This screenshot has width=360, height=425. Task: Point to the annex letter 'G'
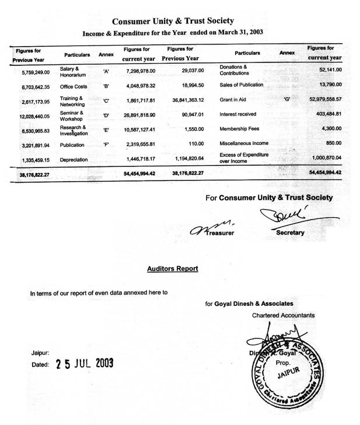286,99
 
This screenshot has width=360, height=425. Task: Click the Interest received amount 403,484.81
325,114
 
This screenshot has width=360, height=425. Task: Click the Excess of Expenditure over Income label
244,157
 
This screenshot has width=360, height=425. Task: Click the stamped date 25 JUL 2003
85,364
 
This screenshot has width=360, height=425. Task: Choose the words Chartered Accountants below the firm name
283,315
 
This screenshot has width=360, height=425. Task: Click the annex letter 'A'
106,71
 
